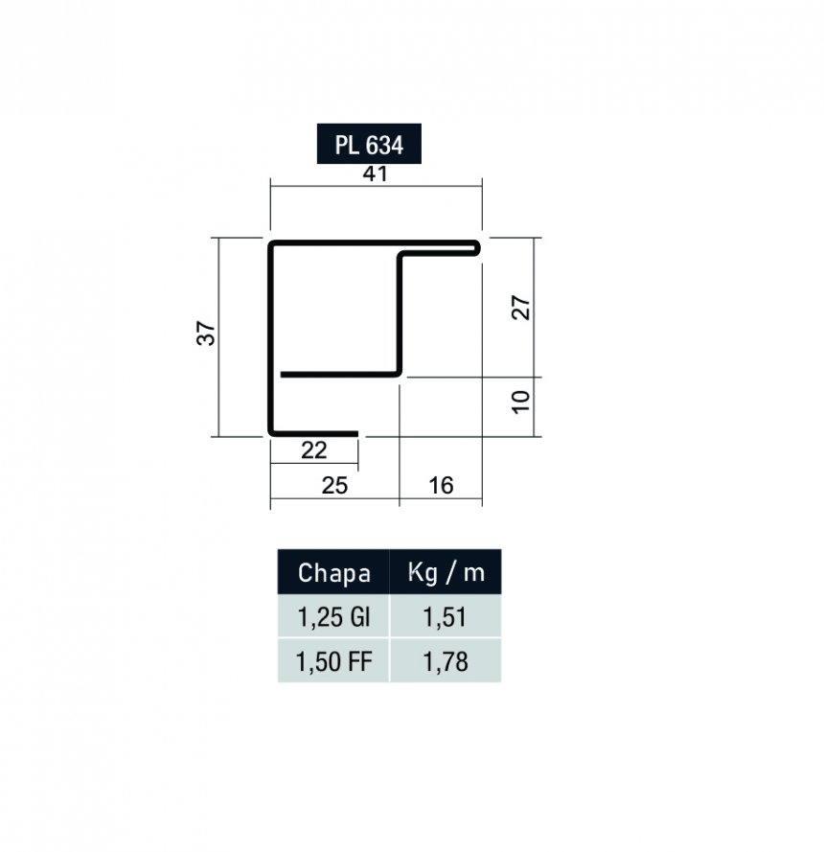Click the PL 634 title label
click(369, 144)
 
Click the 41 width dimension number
click(376, 173)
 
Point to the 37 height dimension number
click(206, 334)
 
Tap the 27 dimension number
click(521, 308)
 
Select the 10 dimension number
click(521, 403)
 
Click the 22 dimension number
click(314, 450)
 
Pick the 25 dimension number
click(334, 485)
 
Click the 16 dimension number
click(441, 485)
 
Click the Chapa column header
click(333, 572)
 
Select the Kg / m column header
click(446, 572)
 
